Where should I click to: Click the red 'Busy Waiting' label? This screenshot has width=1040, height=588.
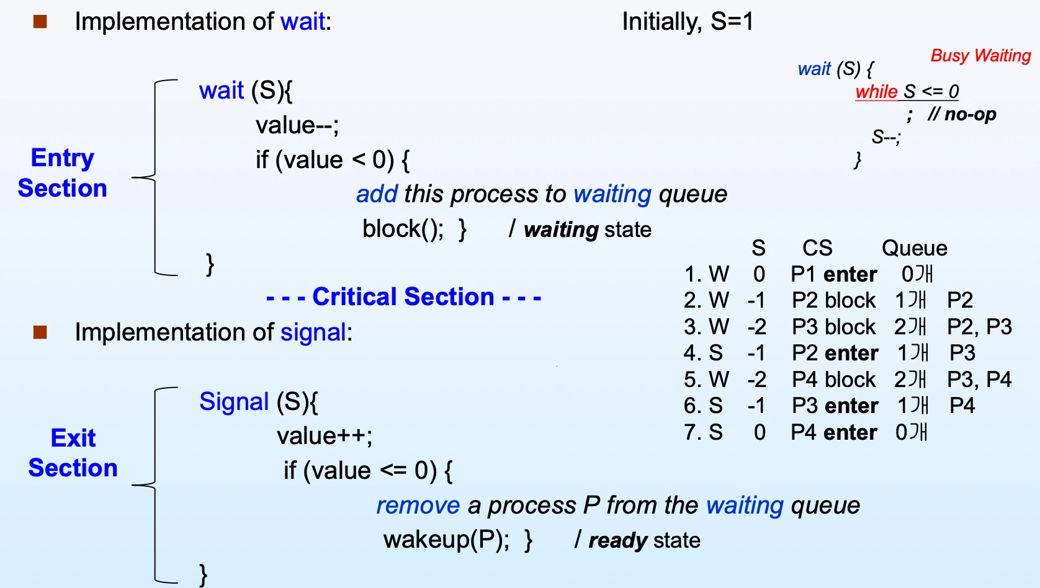(980, 56)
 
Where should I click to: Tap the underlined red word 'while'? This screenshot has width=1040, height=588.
(876, 91)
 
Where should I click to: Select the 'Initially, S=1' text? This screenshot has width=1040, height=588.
(688, 21)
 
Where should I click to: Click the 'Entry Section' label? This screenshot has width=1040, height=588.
(63, 173)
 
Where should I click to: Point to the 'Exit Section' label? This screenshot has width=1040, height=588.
(73, 453)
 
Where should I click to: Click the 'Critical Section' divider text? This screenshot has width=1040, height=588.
(403, 296)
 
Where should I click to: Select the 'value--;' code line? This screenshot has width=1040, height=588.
(297, 125)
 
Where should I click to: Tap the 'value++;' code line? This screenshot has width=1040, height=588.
(325, 436)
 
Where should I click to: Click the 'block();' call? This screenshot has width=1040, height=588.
(403, 229)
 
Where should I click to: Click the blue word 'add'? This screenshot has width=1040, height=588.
(377, 194)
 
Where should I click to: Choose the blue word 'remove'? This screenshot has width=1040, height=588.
(418, 505)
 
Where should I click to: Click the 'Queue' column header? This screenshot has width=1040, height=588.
(915, 248)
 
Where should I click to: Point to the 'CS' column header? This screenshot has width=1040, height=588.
(818, 248)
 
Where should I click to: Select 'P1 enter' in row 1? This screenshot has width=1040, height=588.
(834, 274)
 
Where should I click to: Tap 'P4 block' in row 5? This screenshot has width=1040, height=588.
(834, 380)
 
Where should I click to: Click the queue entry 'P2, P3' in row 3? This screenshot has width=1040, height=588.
(979, 327)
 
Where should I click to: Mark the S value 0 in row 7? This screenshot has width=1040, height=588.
(760, 432)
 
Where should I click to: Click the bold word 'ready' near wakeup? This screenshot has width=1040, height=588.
(617, 541)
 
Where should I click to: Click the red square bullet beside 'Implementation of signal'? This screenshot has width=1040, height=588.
(40, 332)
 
